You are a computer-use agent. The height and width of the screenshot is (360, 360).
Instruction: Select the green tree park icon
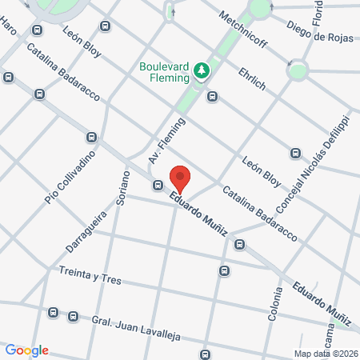tap(202, 72)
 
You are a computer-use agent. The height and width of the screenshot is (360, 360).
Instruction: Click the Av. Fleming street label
tap(166, 142)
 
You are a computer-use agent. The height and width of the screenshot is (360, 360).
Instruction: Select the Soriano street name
tap(121, 191)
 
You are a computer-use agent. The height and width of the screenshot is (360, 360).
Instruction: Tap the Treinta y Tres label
tap(90, 276)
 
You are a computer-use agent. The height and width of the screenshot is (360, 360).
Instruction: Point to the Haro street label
tap(9, 30)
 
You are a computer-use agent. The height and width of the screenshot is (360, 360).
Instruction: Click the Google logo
tap(27, 350)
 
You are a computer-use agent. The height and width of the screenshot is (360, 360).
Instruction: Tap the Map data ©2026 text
tap(325, 354)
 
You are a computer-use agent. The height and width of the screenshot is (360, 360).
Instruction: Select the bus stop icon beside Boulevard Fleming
tap(212, 97)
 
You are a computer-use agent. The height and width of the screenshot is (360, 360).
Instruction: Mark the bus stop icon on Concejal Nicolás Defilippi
tap(295, 153)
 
